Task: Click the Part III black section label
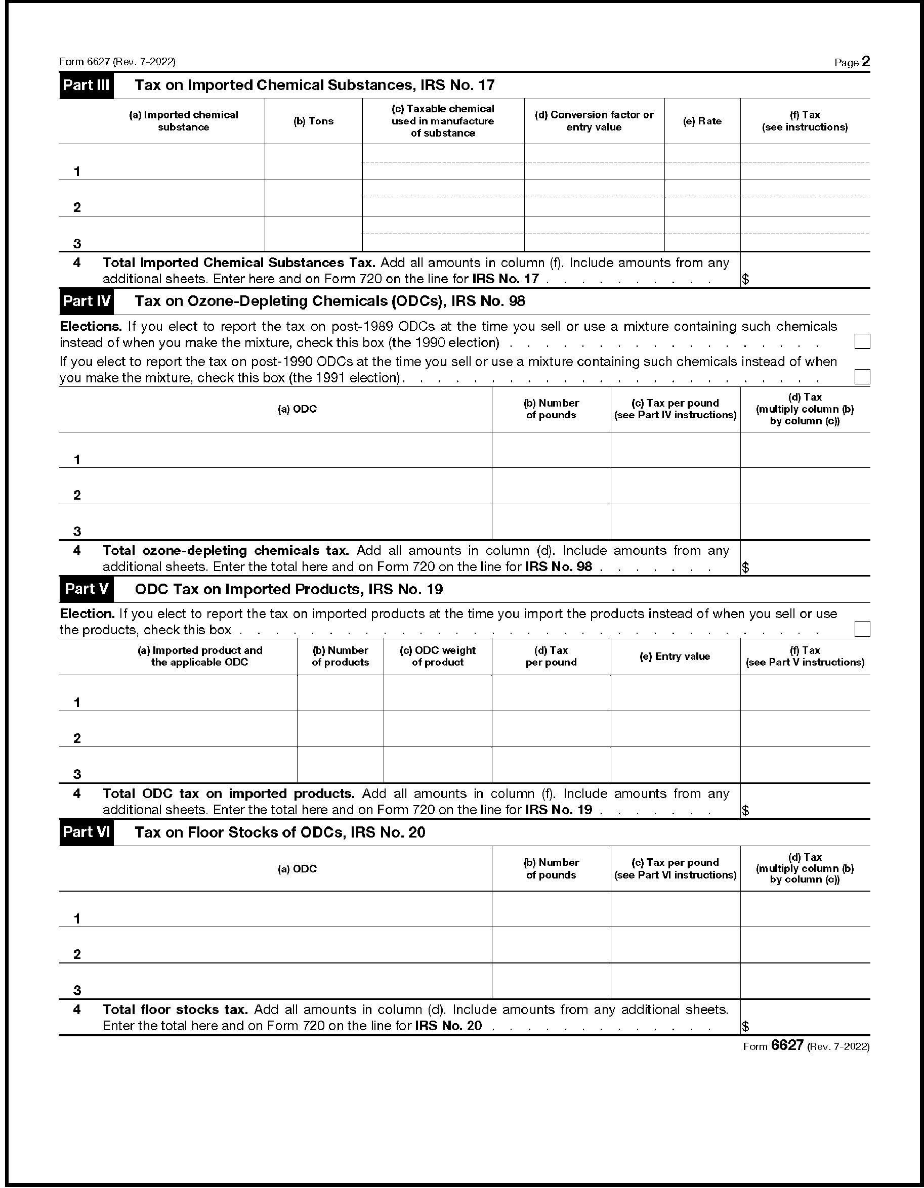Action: pyautogui.click(x=86, y=85)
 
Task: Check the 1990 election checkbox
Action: pyautogui.click(x=862, y=341)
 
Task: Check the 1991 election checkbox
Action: pyautogui.click(x=862, y=377)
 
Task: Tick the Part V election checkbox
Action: pyautogui.click(x=862, y=629)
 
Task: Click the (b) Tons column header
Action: pyautogui.click(x=313, y=121)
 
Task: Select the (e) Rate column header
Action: pyautogui.click(x=702, y=121)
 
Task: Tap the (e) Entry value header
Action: pyautogui.click(x=675, y=656)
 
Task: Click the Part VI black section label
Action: pyautogui.click(x=86, y=833)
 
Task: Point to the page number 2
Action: pyautogui.click(x=866, y=62)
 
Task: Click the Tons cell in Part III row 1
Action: pyautogui.click(x=313, y=162)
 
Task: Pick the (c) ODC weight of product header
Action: pyautogui.click(x=438, y=656)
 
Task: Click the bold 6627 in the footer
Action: pyautogui.click(x=787, y=1045)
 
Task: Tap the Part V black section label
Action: pyautogui.click(x=86, y=590)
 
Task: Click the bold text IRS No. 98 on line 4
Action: pyautogui.click(x=558, y=567)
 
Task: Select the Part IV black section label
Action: pyautogui.click(x=86, y=301)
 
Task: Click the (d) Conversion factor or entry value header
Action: pyautogui.click(x=594, y=121)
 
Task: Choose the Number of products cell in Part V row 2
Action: pyautogui.click(x=340, y=729)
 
